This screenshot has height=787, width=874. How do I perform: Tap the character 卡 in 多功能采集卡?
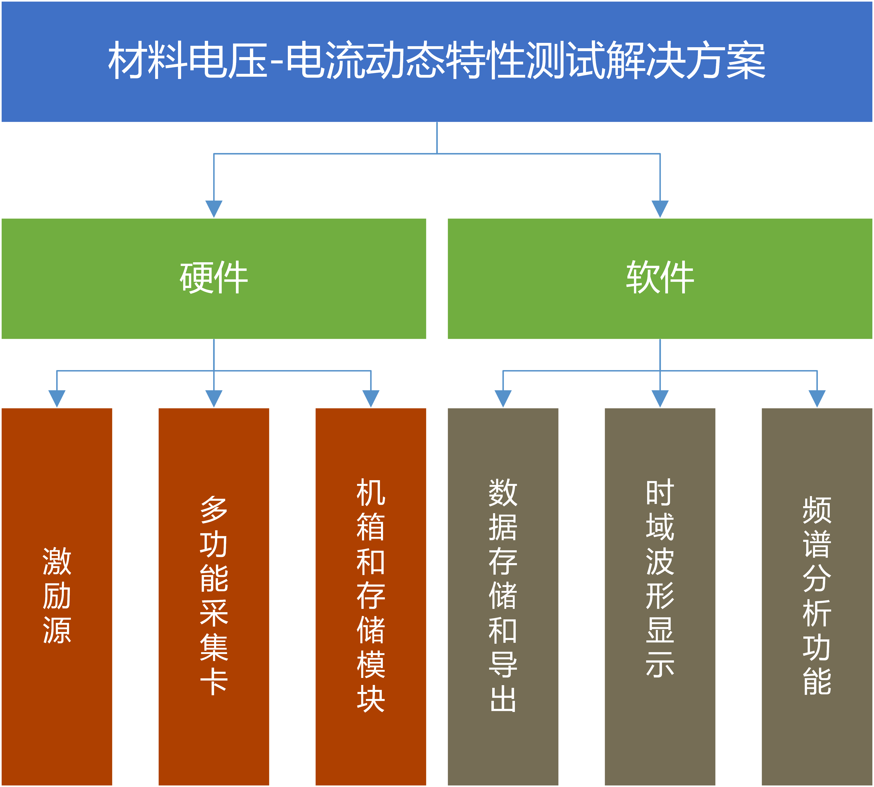(x=214, y=682)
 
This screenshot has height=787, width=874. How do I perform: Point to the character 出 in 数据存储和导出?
(x=503, y=699)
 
